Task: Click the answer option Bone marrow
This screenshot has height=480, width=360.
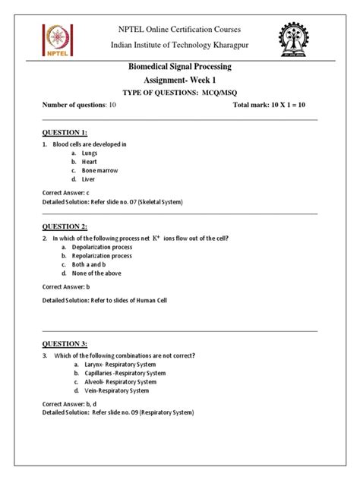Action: point(103,171)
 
